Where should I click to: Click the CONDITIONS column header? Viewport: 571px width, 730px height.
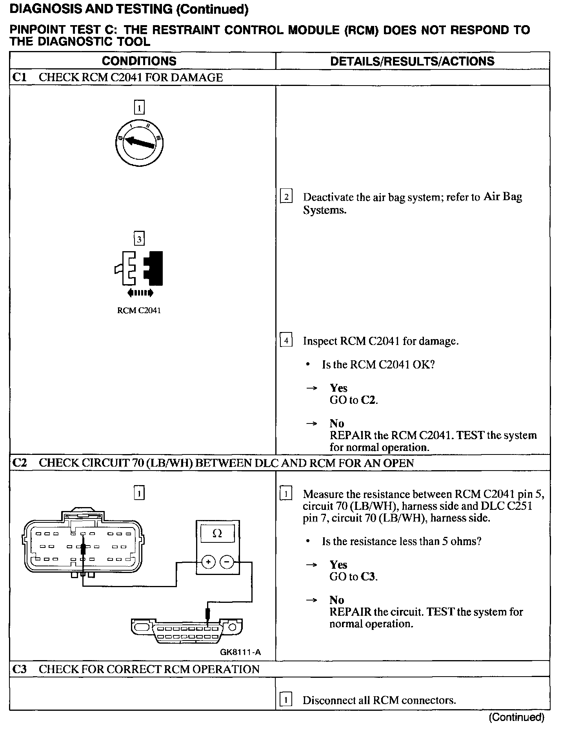pyautogui.click(x=139, y=61)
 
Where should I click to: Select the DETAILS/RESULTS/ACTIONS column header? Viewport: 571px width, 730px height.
pyautogui.click(x=412, y=61)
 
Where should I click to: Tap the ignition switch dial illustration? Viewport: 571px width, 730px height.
pyautogui.click(x=140, y=143)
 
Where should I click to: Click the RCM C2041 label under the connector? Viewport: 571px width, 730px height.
pyautogui.click(x=139, y=310)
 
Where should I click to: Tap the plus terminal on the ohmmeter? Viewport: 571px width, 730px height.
pyautogui.click(x=208, y=562)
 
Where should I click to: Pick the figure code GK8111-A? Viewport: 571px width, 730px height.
pyautogui.click(x=240, y=652)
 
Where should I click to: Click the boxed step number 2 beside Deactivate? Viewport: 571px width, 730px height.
pyautogui.click(x=286, y=197)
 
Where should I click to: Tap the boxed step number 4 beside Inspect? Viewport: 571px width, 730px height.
pyautogui.click(x=286, y=341)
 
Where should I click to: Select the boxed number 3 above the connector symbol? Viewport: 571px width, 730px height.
pyautogui.click(x=139, y=239)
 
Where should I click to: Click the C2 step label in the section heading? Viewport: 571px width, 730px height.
pyautogui.click(x=19, y=463)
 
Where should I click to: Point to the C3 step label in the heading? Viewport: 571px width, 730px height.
pyautogui.click(x=19, y=669)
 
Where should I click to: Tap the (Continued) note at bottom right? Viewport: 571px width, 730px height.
pyautogui.click(x=516, y=717)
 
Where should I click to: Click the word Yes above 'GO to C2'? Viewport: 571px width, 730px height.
pyautogui.click(x=338, y=388)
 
